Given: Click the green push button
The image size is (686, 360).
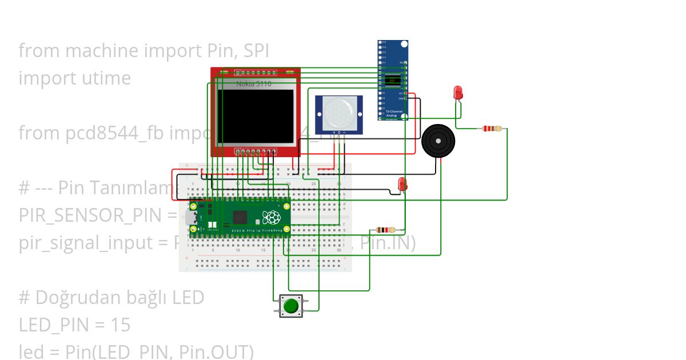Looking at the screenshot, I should click(x=291, y=306).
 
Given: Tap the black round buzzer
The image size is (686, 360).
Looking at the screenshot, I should click(x=438, y=141).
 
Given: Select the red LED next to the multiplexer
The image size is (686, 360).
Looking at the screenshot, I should click(x=457, y=93).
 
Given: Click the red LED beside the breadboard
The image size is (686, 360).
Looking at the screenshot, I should click(x=402, y=184).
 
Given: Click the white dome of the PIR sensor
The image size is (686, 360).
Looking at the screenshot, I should click(x=338, y=114).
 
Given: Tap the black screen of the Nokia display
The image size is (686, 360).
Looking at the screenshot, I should click(x=256, y=116).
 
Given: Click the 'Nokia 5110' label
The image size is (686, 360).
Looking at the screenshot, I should click(x=254, y=84).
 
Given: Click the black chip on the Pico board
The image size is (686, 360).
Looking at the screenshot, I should click(x=240, y=217).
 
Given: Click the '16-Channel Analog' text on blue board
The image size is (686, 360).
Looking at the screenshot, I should click(x=393, y=113).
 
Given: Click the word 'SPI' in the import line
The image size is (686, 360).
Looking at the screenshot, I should click(x=256, y=51).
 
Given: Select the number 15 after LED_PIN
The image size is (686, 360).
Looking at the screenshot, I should click(x=120, y=325).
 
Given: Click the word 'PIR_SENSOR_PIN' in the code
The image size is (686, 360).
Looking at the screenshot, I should click(x=90, y=215).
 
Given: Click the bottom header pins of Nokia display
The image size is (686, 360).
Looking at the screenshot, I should click(x=256, y=153).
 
